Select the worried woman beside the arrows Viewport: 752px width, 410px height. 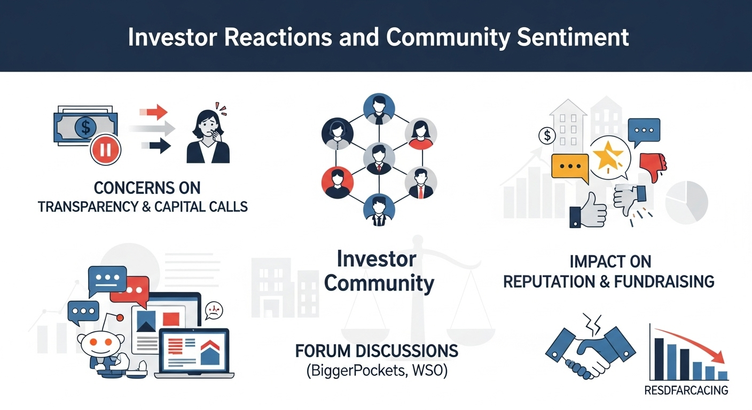click(x=208, y=136)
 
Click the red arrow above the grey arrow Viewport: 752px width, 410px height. click(x=155, y=112)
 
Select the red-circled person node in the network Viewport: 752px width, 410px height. click(x=337, y=183)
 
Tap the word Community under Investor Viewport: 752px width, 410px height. click(x=379, y=283)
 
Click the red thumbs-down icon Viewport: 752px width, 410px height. click(x=653, y=165)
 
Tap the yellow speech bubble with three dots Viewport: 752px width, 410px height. click(x=569, y=166)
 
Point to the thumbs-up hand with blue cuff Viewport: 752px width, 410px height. click(x=589, y=211)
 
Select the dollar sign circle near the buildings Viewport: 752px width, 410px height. click(x=547, y=136)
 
